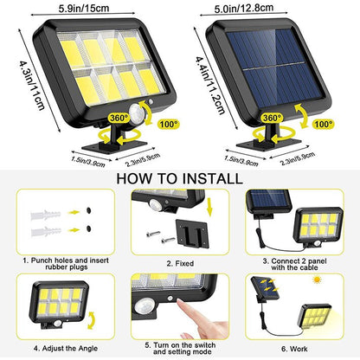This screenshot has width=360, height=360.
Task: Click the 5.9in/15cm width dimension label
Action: pos(84,8)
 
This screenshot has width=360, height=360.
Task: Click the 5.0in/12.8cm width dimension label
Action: pos(244,8)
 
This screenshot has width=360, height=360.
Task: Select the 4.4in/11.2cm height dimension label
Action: pos(209,86)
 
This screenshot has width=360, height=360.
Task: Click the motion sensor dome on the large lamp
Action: pos(136,112)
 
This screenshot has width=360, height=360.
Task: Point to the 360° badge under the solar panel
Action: pos(272,118)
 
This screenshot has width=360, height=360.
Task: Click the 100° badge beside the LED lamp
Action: pos(169,125)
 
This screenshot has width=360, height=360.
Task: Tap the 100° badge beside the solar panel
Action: pos(324,125)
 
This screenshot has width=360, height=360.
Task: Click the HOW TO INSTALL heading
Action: pos(179,178)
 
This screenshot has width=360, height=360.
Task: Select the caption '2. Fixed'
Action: pos(180,263)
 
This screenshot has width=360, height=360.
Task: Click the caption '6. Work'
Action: pos(294,349)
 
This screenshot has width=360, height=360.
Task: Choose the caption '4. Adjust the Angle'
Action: pos(66,348)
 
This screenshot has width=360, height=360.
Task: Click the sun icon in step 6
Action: pos(318,280)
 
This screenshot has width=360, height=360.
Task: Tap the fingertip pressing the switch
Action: pos(181,303)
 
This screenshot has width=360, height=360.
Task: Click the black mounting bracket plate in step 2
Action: pos(192,234)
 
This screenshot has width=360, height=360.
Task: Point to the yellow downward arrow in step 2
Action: pos(209,208)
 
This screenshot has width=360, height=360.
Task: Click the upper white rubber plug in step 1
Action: pos(46,215)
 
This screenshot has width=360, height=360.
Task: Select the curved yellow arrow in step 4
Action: pos(92,319)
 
